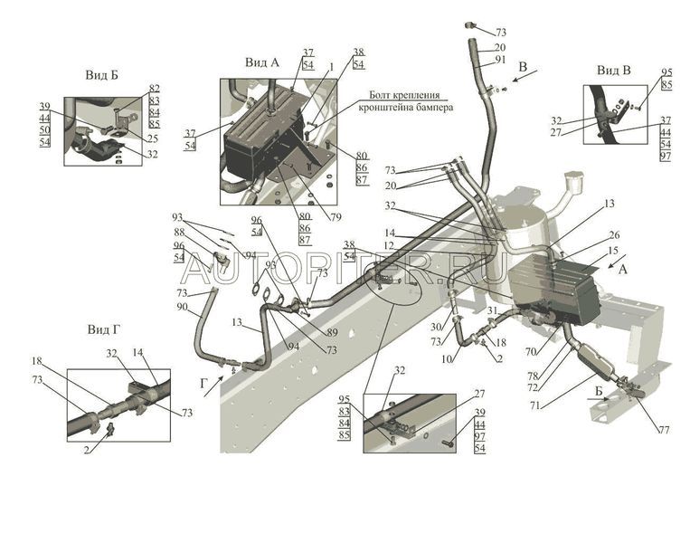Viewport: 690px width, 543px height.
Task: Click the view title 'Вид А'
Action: [262, 62]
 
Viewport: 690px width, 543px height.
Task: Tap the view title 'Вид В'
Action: [614, 70]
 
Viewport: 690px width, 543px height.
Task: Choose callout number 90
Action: [182, 309]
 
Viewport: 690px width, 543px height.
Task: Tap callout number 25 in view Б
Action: [152, 138]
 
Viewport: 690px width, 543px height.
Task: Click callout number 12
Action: [390, 245]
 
